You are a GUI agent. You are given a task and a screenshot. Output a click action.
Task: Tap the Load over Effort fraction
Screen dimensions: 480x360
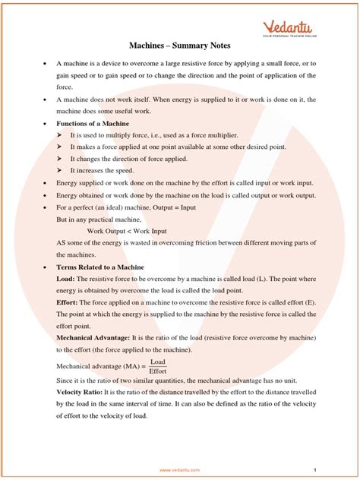[158, 366]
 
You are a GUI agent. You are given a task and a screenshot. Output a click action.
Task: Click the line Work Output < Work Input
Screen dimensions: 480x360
[127, 231]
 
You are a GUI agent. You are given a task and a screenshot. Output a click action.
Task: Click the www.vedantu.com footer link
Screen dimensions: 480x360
[180, 470]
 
